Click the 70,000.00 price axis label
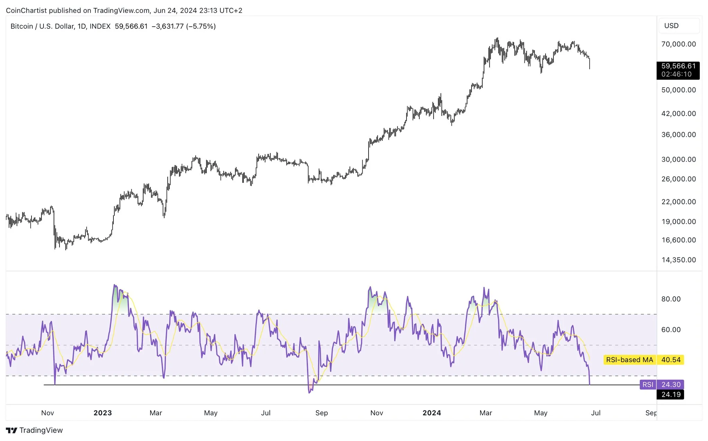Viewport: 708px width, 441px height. (x=678, y=44)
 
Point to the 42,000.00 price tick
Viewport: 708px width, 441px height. (x=678, y=114)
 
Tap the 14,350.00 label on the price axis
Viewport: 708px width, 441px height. (x=678, y=260)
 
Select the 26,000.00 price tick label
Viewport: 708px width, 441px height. (x=678, y=179)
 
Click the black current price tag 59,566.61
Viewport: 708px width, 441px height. (x=678, y=66)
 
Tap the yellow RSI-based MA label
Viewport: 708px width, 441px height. (x=629, y=360)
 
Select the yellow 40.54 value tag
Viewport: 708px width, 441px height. (x=671, y=360)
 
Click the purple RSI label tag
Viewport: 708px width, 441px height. (x=648, y=385)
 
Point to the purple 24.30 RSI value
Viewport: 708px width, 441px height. (x=671, y=385)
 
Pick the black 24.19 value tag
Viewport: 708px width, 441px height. (x=671, y=395)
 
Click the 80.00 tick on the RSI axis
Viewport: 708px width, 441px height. (x=671, y=299)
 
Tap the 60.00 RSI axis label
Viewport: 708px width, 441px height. (x=671, y=330)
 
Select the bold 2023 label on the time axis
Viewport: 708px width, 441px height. (x=103, y=413)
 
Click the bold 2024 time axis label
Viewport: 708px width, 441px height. (x=432, y=413)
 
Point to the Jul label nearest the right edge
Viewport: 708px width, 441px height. (x=596, y=413)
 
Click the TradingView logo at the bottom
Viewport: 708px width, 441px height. (x=35, y=430)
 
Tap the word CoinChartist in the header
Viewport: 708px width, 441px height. (x=26, y=10)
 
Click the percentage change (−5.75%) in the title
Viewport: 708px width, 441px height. (x=201, y=26)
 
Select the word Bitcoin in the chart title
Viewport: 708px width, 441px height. (x=22, y=26)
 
